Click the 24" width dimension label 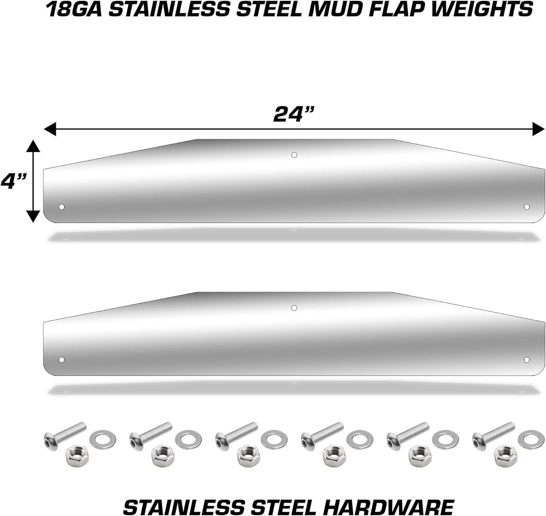pos(293,114)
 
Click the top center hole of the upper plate pos(294,155)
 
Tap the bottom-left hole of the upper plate pos(62,207)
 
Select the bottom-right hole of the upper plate pos(526,207)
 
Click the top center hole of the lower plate pos(294,308)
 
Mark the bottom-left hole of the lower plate pos(62,360)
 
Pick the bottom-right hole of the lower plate pos(526,360)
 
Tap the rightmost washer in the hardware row pos(531,439)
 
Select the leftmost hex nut pos(77,456)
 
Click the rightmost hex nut pos(506,456)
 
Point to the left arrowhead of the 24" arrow pos(50,129)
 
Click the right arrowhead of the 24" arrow pos(538,129)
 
